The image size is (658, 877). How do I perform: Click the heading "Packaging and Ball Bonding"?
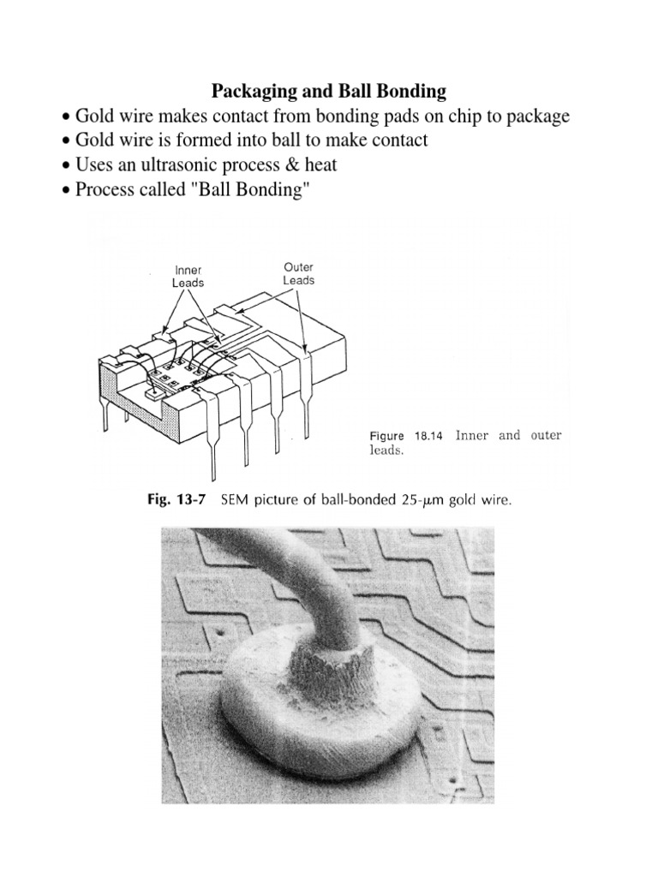click(x=328, y=91)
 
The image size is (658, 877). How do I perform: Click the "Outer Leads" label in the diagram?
click(x=298, y=273)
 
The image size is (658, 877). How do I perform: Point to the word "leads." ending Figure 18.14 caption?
click(x=386, y=450)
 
